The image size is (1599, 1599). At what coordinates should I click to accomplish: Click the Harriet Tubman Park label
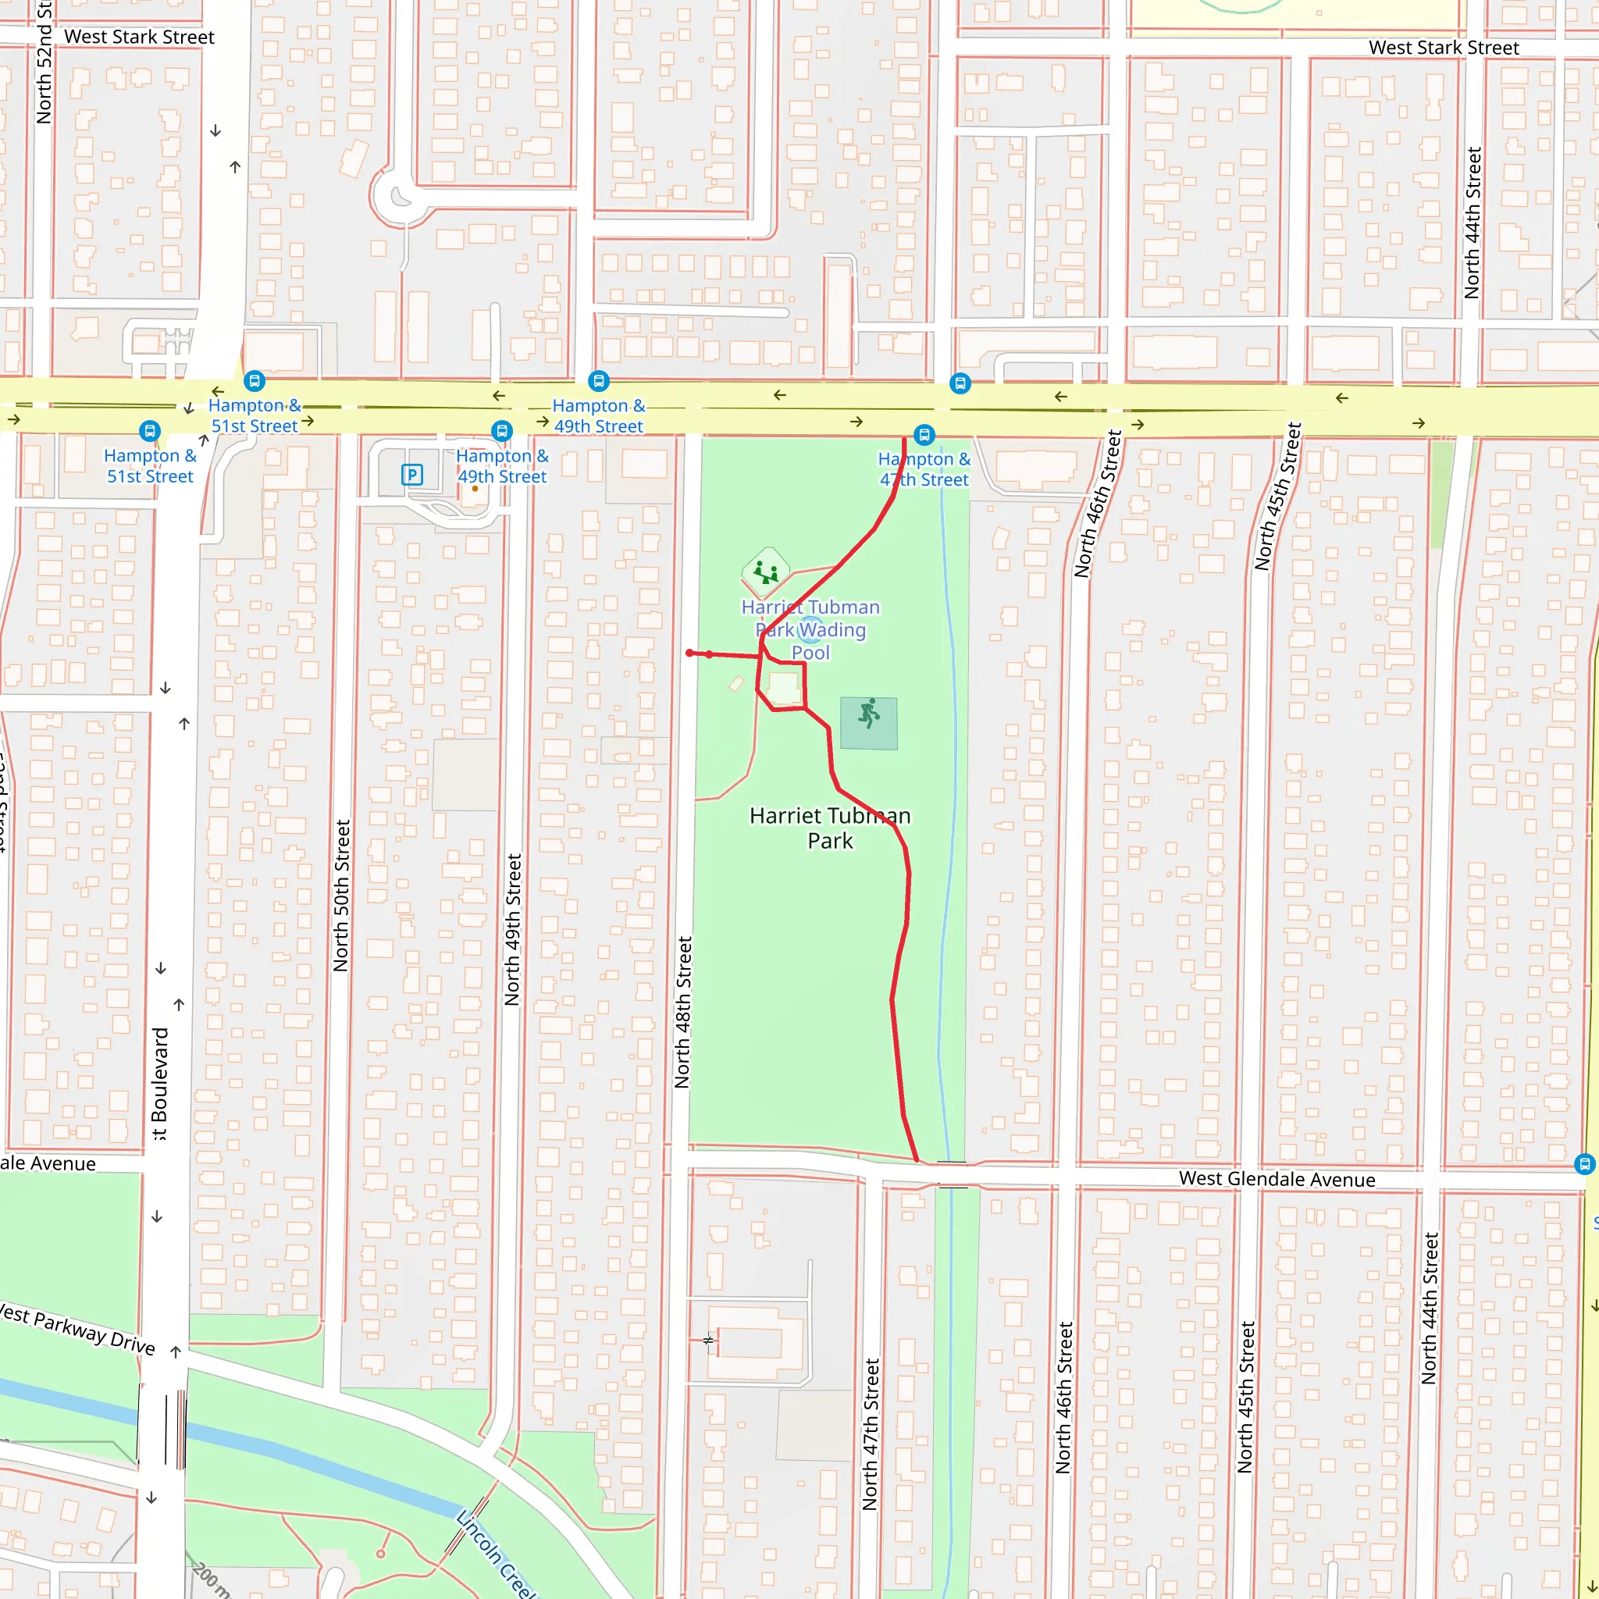(x=829, y=828)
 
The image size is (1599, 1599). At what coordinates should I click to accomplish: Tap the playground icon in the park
(x=766, y=572)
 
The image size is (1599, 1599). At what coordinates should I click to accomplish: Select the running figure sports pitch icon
(x=868, y=714)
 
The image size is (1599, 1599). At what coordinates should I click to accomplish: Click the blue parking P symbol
(x=411, y=475)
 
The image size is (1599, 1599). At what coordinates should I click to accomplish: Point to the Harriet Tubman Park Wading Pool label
(x=810, y=630)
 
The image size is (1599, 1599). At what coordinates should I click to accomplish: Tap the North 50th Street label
(x=341, y=896)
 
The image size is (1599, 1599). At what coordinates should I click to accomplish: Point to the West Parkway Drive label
(x=77, y=1329)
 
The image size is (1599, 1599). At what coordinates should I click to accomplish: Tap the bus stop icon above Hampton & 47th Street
(x=924, y=435)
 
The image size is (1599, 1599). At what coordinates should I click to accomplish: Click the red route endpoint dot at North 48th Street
(x=689, y=653)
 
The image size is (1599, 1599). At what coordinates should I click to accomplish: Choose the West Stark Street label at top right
(x=1444, y=48)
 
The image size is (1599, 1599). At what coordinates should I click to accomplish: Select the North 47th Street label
(x=870, y=1433)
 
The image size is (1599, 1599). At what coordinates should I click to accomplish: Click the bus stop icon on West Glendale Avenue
(x=1583, y=1163)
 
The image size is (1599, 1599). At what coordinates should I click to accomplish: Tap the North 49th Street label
(x=513, y=929)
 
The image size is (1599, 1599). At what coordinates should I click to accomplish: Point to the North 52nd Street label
(x=44, y=62)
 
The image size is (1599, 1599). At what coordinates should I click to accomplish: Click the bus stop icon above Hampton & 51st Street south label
(x=149, y=430)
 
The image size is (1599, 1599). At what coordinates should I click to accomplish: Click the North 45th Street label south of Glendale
(x=1245, y=1397)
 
